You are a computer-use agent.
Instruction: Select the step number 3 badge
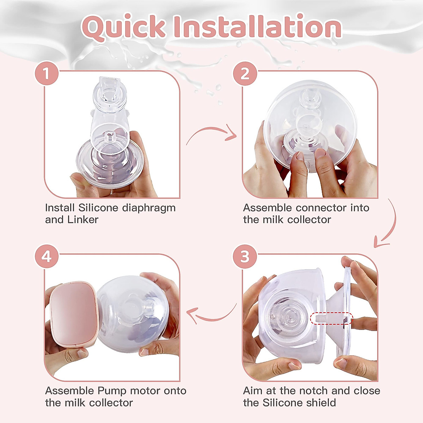(x=245, y=256)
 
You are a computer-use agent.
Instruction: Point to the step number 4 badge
(x=46, y=256)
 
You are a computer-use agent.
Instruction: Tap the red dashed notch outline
(x=331, y=319)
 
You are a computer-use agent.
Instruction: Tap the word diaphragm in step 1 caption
(x=148, y=208)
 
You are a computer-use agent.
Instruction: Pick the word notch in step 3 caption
(x=313, y=391)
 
